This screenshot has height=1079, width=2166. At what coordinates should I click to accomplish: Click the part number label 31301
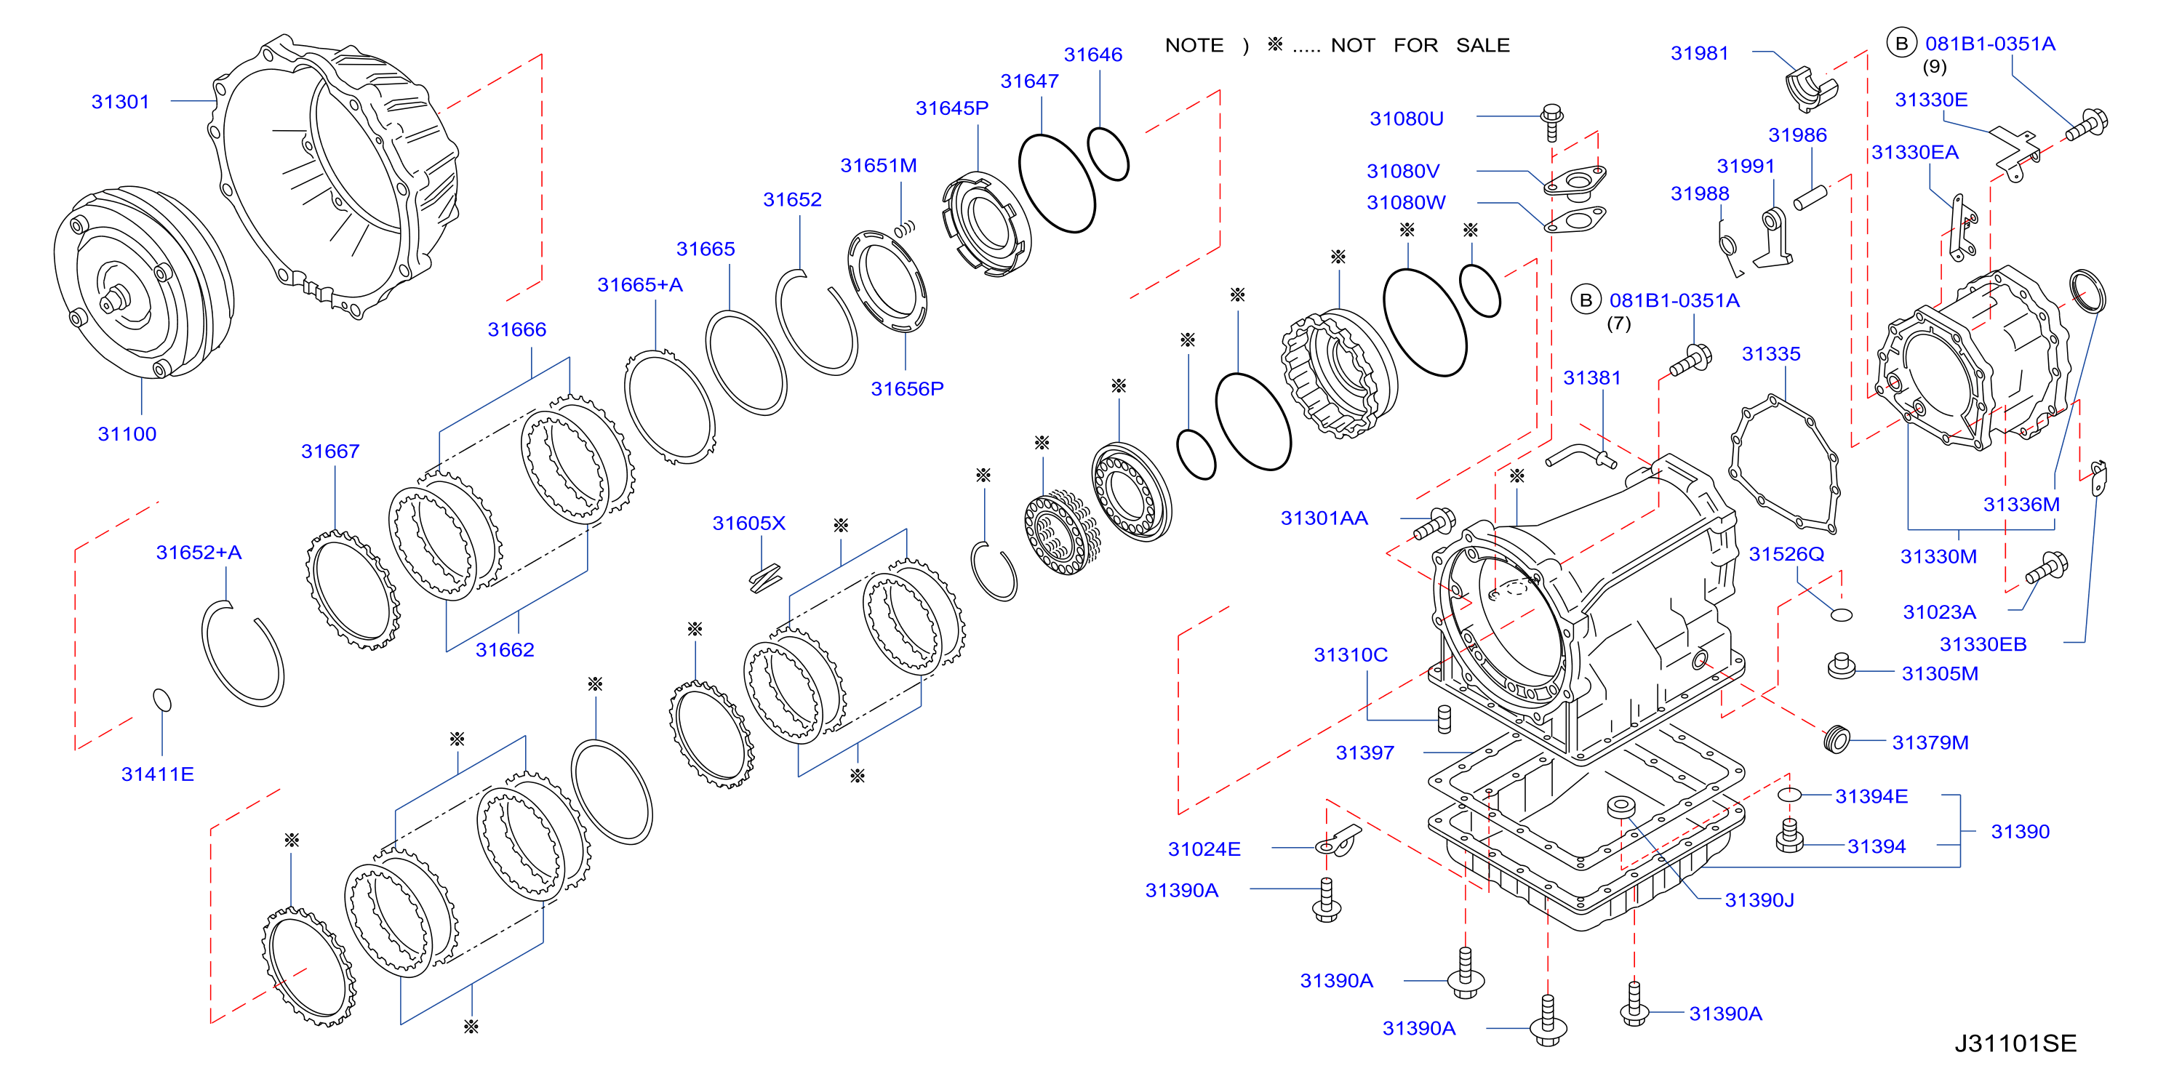click(120, 102)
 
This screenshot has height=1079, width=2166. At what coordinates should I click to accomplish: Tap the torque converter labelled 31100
click(144, 282)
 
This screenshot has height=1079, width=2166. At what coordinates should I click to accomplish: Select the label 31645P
click(952, 108)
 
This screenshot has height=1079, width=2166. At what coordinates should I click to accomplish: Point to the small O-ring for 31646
click(1108, 154)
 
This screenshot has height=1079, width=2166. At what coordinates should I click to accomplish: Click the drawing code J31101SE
click(2015, 1043)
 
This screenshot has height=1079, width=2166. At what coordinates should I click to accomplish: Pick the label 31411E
click(157, 774)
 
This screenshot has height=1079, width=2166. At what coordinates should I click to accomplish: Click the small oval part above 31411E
click(162, 700)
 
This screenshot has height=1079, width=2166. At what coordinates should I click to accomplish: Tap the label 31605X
click(748, 524)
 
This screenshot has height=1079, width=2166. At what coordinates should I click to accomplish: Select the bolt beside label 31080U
click(1552, 123)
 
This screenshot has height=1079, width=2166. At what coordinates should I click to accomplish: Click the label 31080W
click(1406, 203)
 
